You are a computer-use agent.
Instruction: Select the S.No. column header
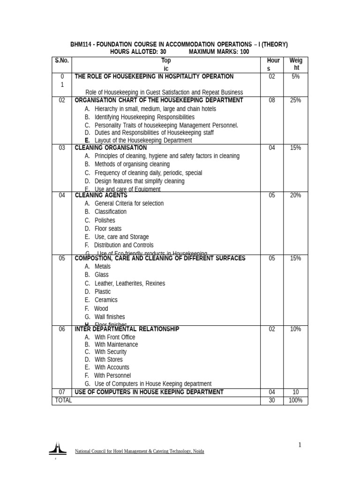[x=61, y=60]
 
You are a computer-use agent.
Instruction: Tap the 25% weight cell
[x=295, y=100]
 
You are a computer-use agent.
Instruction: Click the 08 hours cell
[x=272, y=100]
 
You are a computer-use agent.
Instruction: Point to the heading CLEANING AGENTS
[x=101, y=195]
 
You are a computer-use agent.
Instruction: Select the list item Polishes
[x=105, y=220]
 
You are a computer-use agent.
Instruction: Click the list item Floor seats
[x=108, y=229]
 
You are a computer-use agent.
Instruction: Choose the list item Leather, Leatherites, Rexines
[x=129, y=284]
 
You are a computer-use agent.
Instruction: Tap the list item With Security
[x=110, y=352]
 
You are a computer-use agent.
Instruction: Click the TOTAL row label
[x=63, y=400]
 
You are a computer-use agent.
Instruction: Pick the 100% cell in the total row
[x=295, y=400]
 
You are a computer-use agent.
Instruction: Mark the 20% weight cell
[x=295, y=195]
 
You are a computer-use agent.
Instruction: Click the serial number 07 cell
[x=61, y=392]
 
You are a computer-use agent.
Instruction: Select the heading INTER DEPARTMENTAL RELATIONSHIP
[x=127, y=329]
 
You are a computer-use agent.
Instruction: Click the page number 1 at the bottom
[x=300, y=445]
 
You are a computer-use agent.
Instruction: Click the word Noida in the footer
[x=198, y=451]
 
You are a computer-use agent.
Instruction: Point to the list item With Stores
[x=108, y=360]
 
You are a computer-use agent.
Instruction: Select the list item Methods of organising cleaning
[x=132, y=165]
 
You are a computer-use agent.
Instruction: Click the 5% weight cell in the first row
[x=295, y=76]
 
